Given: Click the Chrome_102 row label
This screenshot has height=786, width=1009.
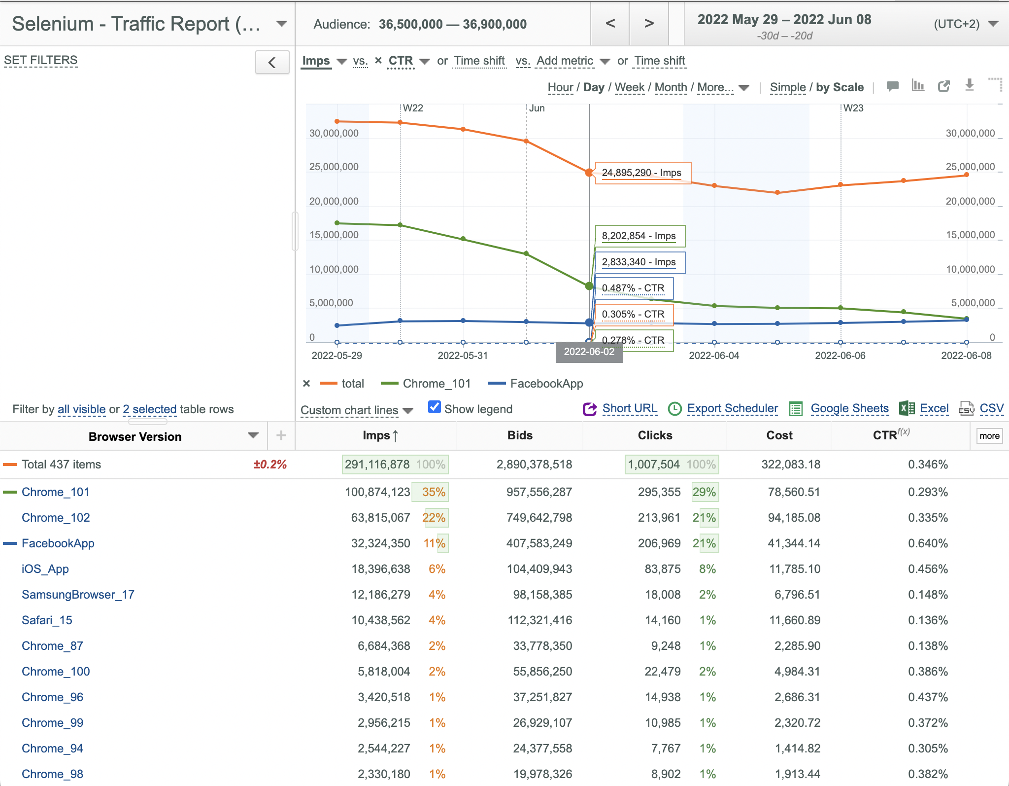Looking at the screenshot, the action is pyautogui.click(x=56, y=518).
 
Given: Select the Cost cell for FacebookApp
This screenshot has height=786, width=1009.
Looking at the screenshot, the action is pyautogui.click(x=794, y=543).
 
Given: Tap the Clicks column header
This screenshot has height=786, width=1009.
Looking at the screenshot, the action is pyautogui.click(x=655, y=435).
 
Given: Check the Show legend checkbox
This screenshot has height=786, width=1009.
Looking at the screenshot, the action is pyautogui.click(x=435, y=407).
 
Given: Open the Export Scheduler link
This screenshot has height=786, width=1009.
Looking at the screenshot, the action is pyautogui.click(x=732, y=408).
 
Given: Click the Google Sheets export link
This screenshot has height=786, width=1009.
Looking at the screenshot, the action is pyautogui.click(x=849, y=408).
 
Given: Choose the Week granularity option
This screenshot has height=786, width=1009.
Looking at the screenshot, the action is pyautogui.click(x=630, y=87).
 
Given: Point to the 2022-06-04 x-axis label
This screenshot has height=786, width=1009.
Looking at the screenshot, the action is pyautogui.click(x=714, y=356).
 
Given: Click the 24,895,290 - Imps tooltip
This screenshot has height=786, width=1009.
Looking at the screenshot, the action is pyautogui.click(x=643, y=173).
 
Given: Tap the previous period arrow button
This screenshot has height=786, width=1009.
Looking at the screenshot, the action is pyautogui.click(x=610, y=23).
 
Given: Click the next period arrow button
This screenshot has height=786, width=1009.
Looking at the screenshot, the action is pyautogui.click(x=649, y=23).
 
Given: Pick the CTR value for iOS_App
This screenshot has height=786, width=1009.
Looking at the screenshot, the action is pyautogui.click(x=928, y=569).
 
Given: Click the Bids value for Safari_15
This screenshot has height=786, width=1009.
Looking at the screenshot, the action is pyautogui.click(x=540, y=620).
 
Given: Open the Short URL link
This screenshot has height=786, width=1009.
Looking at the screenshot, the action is pyautogui.click(x=630, y=408).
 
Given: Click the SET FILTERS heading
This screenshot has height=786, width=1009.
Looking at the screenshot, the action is pyautogui.click(x=41, y=60).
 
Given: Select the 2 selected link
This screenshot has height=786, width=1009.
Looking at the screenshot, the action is pyautogui.click(x=150, y=409).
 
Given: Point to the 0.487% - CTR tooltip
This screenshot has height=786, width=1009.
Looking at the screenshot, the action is pyautogui.click(x=634, y=288).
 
